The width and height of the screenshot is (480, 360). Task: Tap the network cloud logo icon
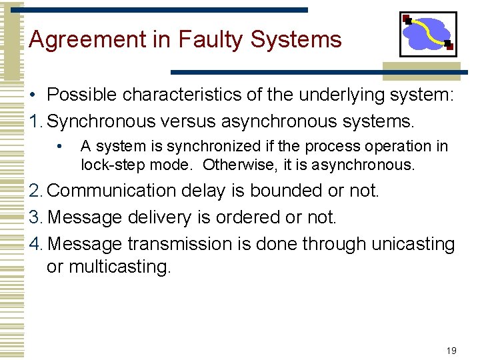tap(427, 35)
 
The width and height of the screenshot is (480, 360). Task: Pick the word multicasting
tap(109, 267)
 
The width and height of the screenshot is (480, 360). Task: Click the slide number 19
tap(451, 351)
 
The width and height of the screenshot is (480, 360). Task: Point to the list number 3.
tap(34, 217)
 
